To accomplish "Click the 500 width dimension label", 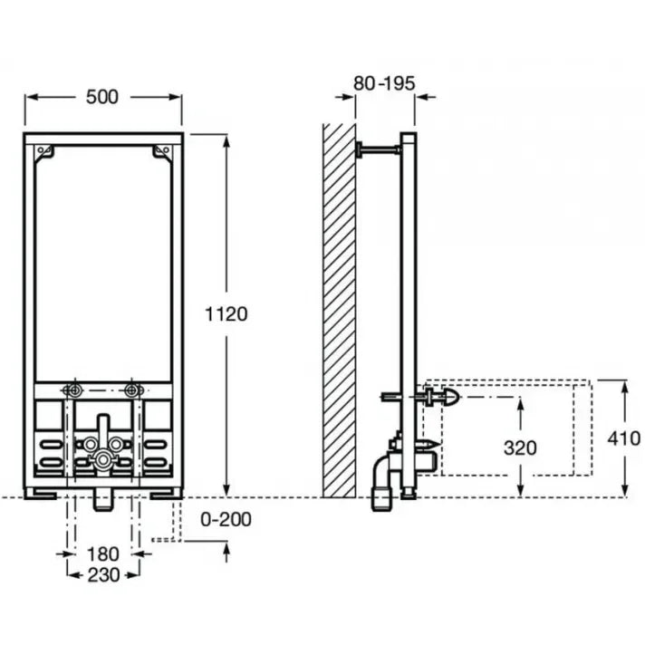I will pyautogui.click(x=102, y=96).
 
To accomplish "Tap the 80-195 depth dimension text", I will pyautogui.click(x=384, y=83).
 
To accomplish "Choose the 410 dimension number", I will pyautogui.click(x=624, y=438).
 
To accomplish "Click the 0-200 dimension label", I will pyautogui.click(x=226, y=519).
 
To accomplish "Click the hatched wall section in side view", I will pyautogui.click(x=339, y=308).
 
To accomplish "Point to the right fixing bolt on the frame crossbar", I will pyautogui.click(x=133, y=390).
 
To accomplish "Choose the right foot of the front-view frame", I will pyautogui.click(x=166, y=495).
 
